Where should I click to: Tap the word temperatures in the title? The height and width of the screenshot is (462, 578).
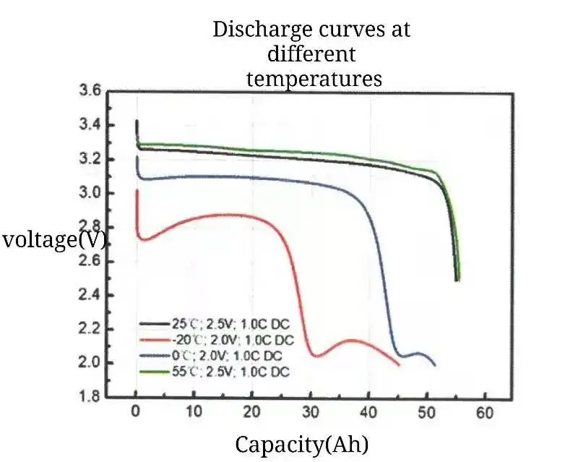point(314,77)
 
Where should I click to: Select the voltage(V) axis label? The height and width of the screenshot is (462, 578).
point(55,239)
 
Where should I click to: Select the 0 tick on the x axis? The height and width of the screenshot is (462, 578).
point(135,413)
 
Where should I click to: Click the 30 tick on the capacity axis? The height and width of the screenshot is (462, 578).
point(311,413)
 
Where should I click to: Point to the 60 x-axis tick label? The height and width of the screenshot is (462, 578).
point(485,413)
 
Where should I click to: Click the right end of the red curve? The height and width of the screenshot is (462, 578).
point(399,365)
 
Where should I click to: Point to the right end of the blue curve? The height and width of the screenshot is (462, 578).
point(435,365)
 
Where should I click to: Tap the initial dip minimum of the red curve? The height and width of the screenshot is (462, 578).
point(143,239)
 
